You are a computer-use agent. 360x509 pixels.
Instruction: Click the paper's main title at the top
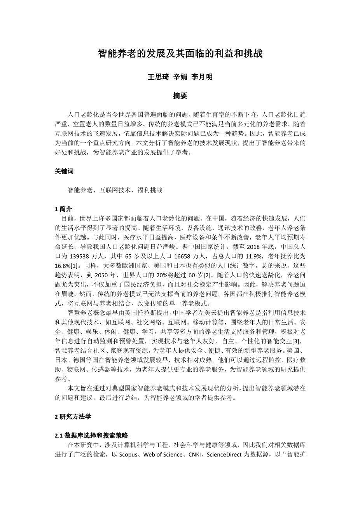(x=180, y=54)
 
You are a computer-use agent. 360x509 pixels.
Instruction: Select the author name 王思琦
(x=158, y=77)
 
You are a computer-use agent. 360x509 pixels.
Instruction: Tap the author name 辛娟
(x=180, y=77)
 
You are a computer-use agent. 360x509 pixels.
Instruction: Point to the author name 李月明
(x=202, y=77)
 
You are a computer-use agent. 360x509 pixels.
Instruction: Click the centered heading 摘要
(x=180, y=96)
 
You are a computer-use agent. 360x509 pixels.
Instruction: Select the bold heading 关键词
(x=64, y=171)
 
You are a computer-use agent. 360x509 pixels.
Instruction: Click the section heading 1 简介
(x=63, y=209)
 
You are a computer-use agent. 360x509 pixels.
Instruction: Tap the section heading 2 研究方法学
(x=73, y=416)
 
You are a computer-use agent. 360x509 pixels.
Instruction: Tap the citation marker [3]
(x=296, y=341)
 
